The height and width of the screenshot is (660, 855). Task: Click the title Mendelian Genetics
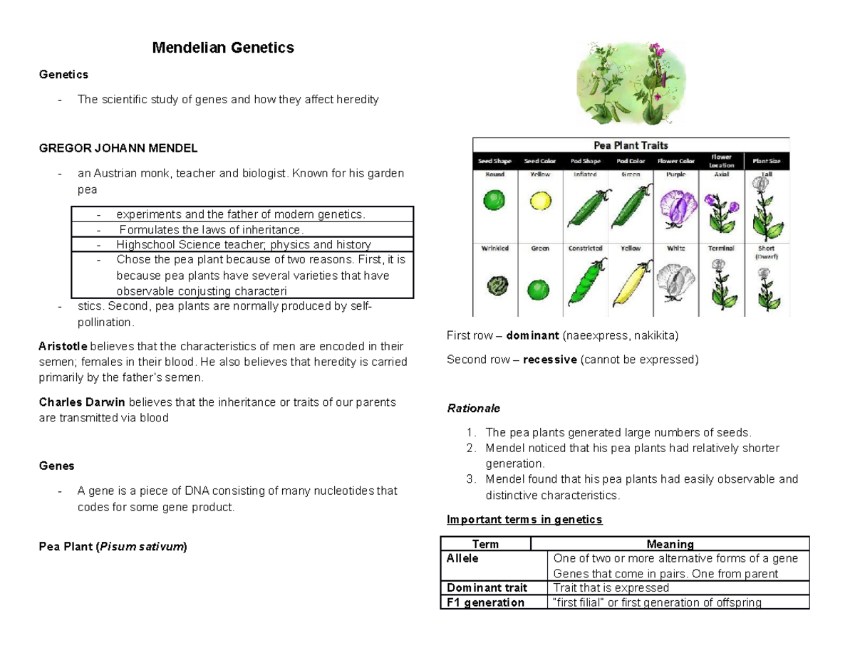(222, 48)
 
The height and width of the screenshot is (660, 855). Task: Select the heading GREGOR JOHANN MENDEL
(118, 148)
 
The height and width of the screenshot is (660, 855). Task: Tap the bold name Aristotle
(63, 347)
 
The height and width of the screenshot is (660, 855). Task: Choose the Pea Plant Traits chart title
(631, 145)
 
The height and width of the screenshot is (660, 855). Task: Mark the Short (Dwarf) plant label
(767, 252)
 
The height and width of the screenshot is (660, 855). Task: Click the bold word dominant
(532, 335)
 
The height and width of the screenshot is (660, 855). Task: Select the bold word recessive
(550, 360)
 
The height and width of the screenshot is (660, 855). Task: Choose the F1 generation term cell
(484, 602)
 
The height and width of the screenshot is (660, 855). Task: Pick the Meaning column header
(669, 544)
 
